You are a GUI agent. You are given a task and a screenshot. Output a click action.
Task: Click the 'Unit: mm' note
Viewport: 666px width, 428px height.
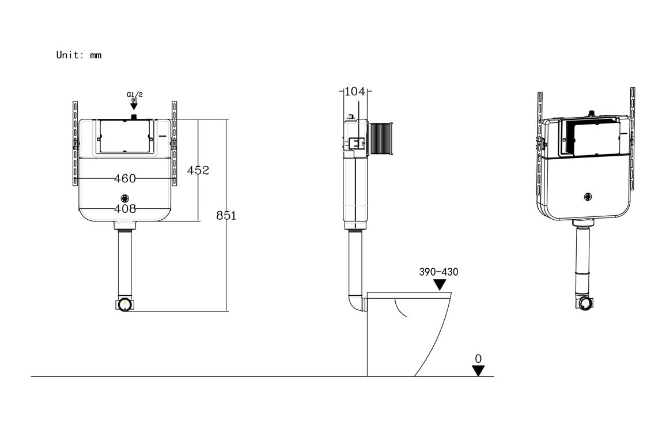(78, 55)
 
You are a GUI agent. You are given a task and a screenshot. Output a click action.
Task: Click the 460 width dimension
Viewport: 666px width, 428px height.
(124, 179)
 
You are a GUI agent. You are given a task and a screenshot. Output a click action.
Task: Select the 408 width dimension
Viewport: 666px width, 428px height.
(124, 209)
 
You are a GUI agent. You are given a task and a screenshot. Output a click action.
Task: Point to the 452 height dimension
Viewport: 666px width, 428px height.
(198, 170)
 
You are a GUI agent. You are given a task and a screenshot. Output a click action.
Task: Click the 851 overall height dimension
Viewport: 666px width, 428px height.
(226, 216)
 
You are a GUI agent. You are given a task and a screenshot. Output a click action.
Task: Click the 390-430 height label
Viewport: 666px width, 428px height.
(439, 272)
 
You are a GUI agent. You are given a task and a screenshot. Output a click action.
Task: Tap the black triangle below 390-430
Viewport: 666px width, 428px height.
(440, 285)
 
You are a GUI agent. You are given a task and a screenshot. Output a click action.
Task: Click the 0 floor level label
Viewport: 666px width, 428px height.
(478, 359)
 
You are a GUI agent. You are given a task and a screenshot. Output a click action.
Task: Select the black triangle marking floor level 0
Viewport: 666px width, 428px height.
(478, 371)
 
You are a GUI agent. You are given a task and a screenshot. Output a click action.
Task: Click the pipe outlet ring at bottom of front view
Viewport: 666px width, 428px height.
(125, 305)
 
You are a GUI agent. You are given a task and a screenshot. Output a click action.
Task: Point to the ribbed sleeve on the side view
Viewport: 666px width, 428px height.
(380, 138)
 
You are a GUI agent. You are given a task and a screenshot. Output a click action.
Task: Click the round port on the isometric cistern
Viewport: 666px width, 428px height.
(587, 197)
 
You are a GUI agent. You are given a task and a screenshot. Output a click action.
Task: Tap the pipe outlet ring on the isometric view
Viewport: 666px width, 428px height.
(585, 304)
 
